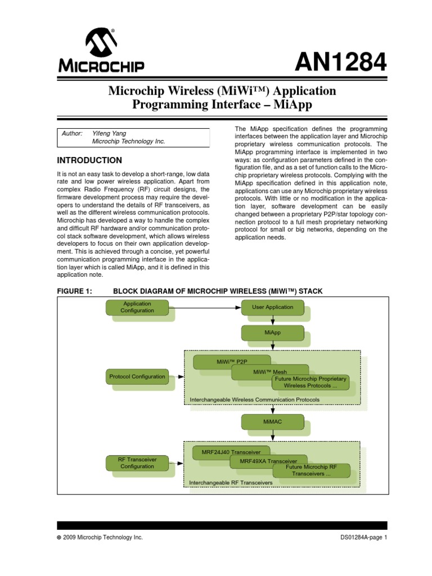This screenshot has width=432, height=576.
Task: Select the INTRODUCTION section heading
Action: coord(90,160)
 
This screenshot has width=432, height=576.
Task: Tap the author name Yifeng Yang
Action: coord(110,133)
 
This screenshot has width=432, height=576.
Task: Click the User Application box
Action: coord(272,307)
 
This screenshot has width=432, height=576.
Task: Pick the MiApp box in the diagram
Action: coord(272,332)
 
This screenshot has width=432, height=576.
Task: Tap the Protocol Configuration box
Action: coord(137,376)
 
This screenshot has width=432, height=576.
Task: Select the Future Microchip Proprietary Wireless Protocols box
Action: coord(310,382)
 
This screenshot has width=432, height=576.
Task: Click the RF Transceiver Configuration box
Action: coord(137,463)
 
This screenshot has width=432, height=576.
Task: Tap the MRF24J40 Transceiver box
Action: coord(227,452)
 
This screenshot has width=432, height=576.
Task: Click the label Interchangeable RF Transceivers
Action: coord(231,483)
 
